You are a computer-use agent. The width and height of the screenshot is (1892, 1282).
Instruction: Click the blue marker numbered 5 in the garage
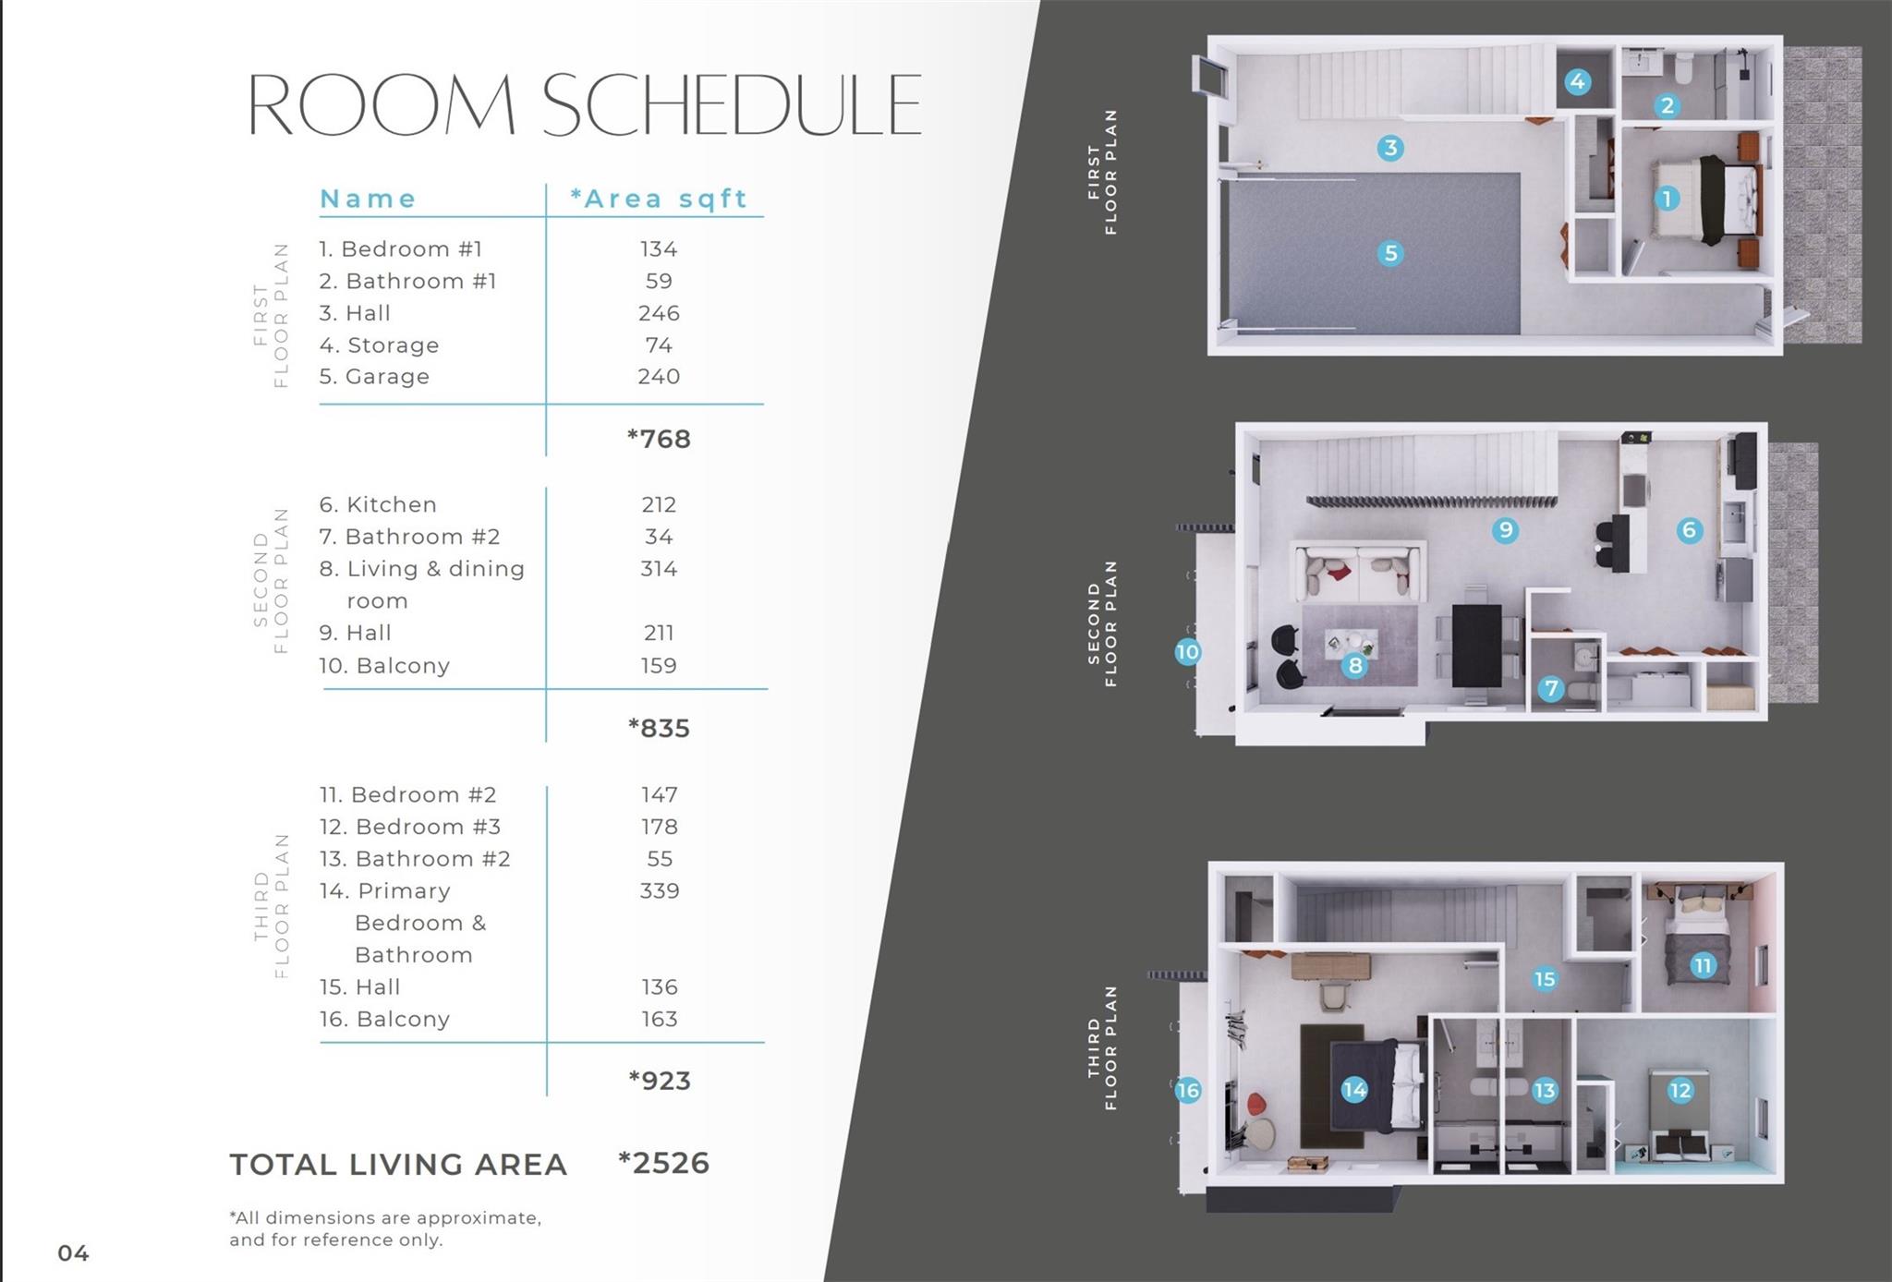(x=1390, y=253)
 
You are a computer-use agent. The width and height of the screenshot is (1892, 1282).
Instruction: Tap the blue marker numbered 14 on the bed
(x=1354, y=1090)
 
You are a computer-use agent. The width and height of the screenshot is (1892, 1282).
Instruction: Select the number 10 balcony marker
(x=1187, y=652)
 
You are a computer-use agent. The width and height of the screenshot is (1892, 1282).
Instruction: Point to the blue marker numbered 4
(x=1578, y=81)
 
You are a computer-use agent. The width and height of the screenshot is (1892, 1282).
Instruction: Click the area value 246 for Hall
(x=659, y=313)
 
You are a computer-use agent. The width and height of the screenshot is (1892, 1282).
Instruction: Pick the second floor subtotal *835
(x=659, y=728)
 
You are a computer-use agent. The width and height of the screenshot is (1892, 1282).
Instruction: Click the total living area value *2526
(x=663, y=1163)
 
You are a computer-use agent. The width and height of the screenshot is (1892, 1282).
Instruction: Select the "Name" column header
(x=368, y=199)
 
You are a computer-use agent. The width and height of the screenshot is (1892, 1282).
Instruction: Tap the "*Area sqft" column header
(x=659, y=199)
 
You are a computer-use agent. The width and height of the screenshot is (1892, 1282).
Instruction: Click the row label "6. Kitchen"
(x=378, y=504)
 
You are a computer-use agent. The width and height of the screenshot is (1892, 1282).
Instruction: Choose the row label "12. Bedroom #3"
(x=409, y=827)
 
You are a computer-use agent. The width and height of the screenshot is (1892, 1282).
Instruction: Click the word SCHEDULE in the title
(x=731, y=104)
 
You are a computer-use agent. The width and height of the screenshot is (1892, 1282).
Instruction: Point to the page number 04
(x=73, y=1252)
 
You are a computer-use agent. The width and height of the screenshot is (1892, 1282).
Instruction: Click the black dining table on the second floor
(x=1476, y=645)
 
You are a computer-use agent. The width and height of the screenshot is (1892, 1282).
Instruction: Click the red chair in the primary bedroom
(x=1255, y=1104)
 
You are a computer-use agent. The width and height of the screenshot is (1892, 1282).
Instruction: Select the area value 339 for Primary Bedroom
(x=659, y=890)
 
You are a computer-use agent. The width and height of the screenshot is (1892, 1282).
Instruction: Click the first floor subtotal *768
(x=659, y=439)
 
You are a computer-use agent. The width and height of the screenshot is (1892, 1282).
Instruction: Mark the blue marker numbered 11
(x=1703, y=966)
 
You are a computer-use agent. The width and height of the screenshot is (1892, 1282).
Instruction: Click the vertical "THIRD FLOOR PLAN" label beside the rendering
(x=1102, y=1047)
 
